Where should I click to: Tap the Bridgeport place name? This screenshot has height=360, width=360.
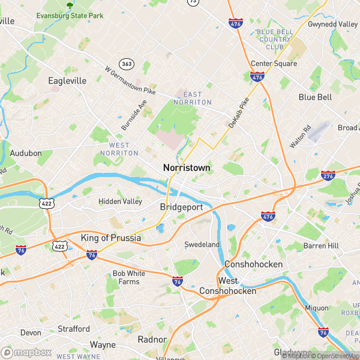181,207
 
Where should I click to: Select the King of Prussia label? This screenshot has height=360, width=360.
111,238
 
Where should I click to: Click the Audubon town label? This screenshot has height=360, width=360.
26,153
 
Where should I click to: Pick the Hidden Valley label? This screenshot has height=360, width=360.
120,202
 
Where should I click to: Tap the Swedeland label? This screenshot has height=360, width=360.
202,245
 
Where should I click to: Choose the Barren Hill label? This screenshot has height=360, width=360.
322,245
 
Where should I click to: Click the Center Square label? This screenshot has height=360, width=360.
274,64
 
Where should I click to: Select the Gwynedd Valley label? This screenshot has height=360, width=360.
332,24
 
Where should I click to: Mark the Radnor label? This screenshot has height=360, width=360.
152,339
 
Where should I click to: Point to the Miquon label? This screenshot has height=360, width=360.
317,308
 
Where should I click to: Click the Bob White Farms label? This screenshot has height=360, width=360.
129,277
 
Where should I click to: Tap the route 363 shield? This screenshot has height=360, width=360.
127,64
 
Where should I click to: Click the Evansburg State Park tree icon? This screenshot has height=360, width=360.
70,5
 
